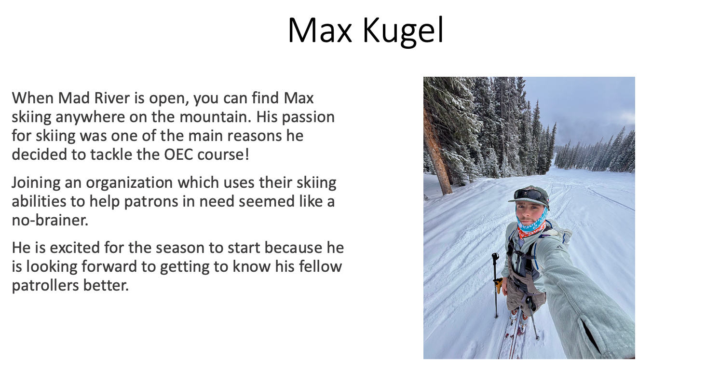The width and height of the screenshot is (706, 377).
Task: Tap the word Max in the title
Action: [320, 30]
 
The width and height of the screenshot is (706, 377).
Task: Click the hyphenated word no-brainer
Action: [50, 220]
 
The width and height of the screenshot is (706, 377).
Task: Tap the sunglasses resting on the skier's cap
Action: [531, 195]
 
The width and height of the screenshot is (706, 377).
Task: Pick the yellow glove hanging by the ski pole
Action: [498, 285]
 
